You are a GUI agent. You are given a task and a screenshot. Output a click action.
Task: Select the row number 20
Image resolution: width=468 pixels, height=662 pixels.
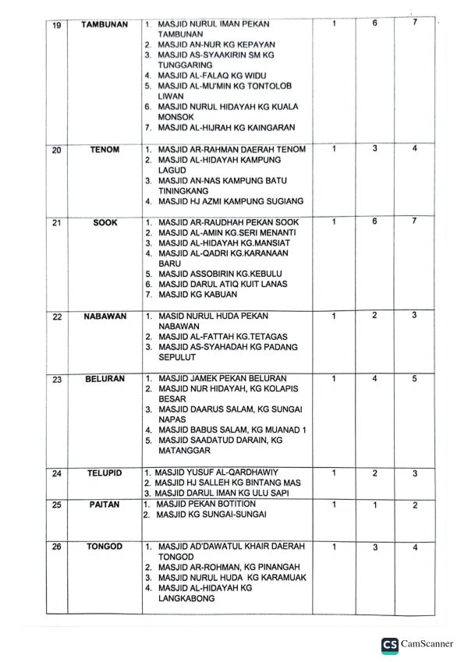click(x=55, y=150)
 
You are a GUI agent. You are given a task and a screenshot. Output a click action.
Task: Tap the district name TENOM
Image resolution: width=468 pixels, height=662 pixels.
click(x=105, y=150)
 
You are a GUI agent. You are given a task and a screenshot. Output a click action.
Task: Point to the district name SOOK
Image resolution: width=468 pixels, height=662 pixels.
click(x=105, y=223)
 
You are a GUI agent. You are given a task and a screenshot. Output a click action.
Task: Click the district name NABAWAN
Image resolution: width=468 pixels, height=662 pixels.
click(x=105, y=317)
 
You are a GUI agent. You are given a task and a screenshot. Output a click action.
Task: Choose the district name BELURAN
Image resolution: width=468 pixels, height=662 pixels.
click(x=105, y=380)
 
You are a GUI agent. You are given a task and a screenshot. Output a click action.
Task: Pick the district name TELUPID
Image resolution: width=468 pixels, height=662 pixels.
click(x=105, y=473)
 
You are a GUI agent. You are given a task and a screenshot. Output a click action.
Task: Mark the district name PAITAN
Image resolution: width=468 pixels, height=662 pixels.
click(x=105, y=505)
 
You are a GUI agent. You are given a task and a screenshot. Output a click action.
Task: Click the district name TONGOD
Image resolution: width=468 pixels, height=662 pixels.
click(x=105, y=547)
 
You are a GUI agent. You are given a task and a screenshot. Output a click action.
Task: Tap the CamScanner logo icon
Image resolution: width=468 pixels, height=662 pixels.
click(x=388, y=644)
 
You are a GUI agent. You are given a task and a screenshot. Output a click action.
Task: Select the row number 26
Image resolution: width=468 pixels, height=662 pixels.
click(x=55, y=547)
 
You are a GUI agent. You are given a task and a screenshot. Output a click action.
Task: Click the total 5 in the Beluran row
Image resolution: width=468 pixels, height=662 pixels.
click(x=415, y=379)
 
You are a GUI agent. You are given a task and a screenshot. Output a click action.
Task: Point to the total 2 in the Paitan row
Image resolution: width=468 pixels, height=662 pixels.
click(x=415, y=505)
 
